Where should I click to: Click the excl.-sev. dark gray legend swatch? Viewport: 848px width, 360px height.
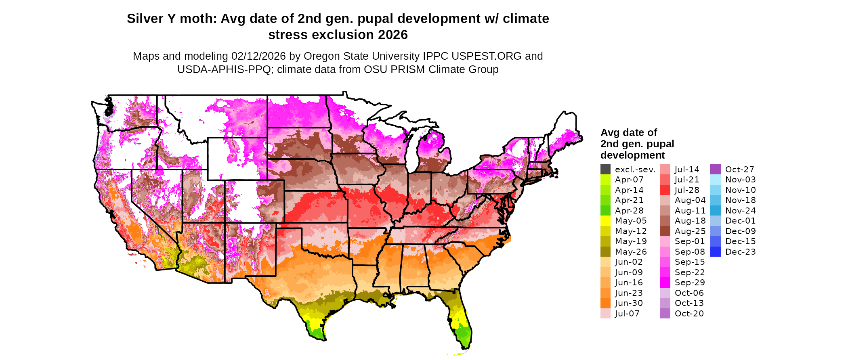pyautogui.click(x=605, y=170)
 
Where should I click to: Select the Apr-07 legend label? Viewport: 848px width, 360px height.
pyautogui.click(x=629, y=180)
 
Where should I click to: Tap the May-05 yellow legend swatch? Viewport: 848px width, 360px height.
pyautogui.click(x=605, y=221)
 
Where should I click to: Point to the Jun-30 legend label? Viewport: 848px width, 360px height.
pyautogui.click(x=629, y=303)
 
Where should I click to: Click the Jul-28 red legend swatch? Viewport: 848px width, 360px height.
pyautogui.click(x=665, y=190)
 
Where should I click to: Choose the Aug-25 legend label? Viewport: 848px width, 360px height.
pyautogui.click(x=690, y=231)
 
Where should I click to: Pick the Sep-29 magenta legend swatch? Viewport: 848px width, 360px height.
pyautogui.click(x=665, y=283)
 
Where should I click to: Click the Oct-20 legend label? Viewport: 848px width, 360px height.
pyautogui.click(x=689, y=314)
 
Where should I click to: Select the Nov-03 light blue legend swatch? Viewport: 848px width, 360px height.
pyautogui.click(x=715, y=180)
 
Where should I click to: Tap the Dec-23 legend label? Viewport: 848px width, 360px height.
pyautogui.click(x=740, y=252)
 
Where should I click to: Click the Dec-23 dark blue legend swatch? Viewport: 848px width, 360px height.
pyautogui.click(x=715, y=252)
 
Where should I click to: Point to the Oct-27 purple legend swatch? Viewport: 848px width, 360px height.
pyautogui.click(x=715, y=170)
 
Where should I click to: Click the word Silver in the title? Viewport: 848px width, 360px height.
pyautogui.click(x=145, y=19)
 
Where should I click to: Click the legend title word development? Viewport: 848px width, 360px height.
pyautogui.click(x=632, y=155)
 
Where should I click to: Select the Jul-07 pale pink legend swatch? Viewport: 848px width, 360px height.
pyautogui.click(x=605, y=314)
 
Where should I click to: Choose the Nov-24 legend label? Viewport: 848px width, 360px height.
pyautogui.click(x=740, y=211)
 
